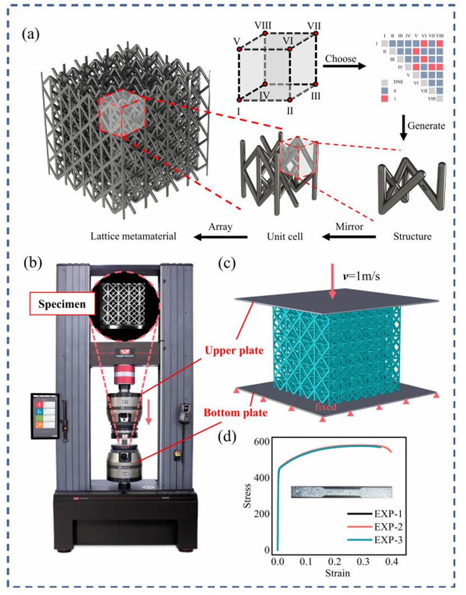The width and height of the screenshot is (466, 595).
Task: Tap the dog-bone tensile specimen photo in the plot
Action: coord(342,492)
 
